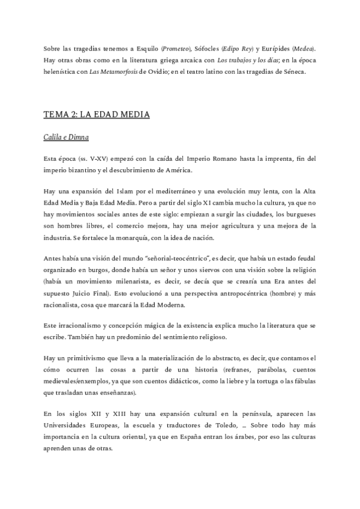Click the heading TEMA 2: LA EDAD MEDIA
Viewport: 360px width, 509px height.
pyautogui.click(x=97, y=114)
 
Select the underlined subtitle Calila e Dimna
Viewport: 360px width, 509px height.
pyautogui.click(x=66, y=137)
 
